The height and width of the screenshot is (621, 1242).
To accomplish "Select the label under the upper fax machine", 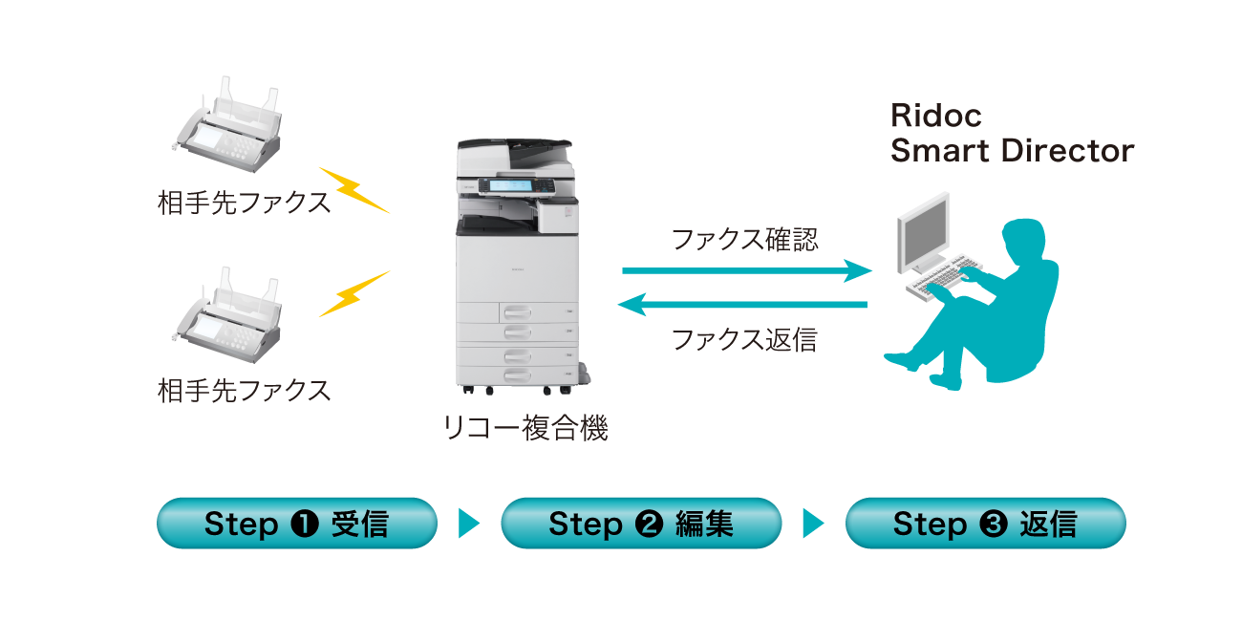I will pos(244,203).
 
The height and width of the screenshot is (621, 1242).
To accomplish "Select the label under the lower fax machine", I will pos(244,390).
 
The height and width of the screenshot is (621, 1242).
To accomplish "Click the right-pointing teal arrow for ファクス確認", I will pos(746,271).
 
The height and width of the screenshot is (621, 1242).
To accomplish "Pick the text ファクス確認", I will pos(745,239).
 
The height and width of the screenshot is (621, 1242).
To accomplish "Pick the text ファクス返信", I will pos(745,339).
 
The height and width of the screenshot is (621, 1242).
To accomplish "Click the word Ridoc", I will pos(935,116).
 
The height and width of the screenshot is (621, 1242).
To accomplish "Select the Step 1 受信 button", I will pos(296,524).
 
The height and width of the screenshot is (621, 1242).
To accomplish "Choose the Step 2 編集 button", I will pos(641,524).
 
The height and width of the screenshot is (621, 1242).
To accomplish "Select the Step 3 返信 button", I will pos(985,524).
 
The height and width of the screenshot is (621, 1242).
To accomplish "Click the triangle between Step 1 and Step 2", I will pos(468,524).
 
